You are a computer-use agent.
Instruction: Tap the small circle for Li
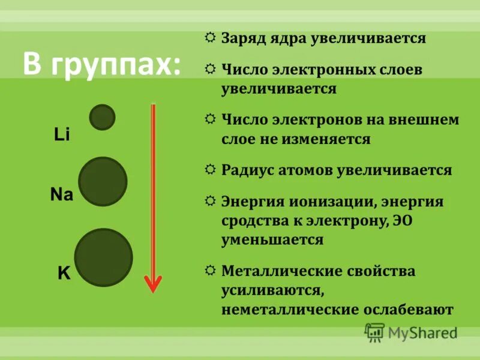click(102, 117)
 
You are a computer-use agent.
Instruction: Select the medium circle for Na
click(103, 181)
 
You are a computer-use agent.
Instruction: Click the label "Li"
click(62, 135)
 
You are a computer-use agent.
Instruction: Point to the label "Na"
click(61, 195)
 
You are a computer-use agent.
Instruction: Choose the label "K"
click(64, 274)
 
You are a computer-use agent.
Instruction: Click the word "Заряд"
click(242, 39)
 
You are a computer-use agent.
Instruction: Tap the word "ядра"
click(287, 39)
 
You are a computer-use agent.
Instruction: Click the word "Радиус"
click(244, 170)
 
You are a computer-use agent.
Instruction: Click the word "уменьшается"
click(272, 240)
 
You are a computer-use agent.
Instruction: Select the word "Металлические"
click(282, 271)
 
